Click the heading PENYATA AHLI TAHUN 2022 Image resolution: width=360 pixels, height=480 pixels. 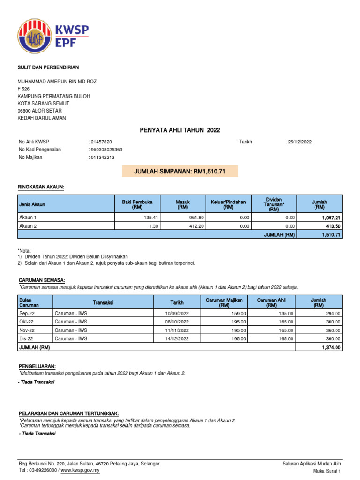point(180,130)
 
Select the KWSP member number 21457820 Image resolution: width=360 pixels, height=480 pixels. point(101,142)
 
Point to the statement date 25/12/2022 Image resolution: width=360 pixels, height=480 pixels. point(300,142)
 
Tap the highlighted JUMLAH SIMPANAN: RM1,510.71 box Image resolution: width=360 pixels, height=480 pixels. point(180,172)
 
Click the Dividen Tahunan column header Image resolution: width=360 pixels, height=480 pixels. point(274,204)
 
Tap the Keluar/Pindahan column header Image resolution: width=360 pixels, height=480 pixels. point(228,204)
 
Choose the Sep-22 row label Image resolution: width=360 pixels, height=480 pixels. point(26,313)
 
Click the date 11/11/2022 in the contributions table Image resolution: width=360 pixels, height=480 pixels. point(177,330)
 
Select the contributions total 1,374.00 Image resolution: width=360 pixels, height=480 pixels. point(331,347)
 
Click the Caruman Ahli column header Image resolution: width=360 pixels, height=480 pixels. point(271,302)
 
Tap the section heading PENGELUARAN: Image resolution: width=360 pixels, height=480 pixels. point(37,366)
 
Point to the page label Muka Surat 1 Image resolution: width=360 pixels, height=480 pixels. point(327,471)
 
